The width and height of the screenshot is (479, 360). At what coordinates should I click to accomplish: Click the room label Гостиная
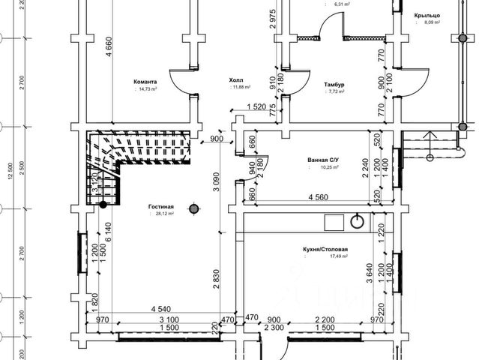(x=162, y=205)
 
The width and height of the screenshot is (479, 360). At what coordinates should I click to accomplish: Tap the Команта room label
(x=144, y=82)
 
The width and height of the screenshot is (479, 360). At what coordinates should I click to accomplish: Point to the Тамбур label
(x=334, y=85)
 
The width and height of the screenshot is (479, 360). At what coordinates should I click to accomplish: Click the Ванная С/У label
(x=324, y=160)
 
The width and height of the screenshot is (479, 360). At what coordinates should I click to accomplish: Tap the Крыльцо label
(x=427, y=15)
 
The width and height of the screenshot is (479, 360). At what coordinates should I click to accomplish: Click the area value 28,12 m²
(x=161, y=214)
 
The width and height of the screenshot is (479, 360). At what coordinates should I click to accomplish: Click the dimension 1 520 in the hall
(x=256, y=106)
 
